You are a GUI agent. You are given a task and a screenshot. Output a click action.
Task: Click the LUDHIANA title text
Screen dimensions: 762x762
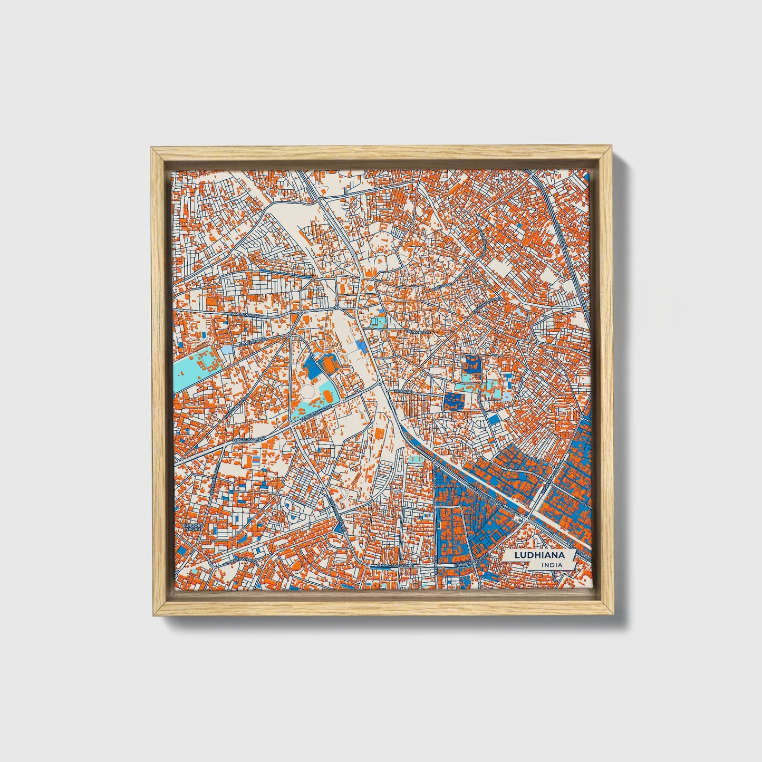[x=534, y=555]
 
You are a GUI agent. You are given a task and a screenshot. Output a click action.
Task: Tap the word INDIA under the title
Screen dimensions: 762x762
[x=551, y=565]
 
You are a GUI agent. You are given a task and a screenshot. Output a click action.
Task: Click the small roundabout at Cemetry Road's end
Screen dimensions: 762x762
[x=290, y=334]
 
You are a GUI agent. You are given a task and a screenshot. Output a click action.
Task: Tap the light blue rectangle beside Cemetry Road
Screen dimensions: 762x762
[x=226, y=350]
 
